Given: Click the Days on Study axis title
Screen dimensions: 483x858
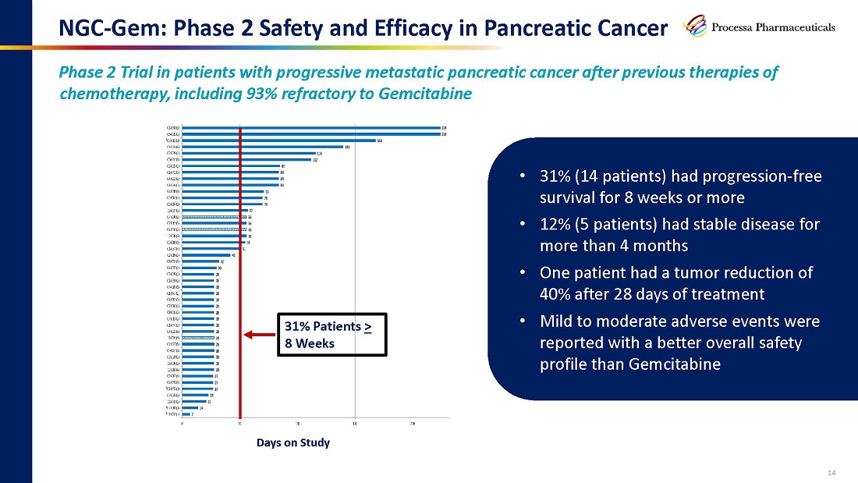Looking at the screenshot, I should coord(293,442).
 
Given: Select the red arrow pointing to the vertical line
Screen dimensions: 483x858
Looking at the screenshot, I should coord(260,336).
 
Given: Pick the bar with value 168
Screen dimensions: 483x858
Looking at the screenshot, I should coord(278,140).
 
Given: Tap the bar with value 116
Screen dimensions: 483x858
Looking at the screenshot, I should coord(249,154).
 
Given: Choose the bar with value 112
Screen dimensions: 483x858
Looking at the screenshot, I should coord(246,160).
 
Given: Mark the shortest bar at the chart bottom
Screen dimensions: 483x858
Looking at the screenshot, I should coord(186,414).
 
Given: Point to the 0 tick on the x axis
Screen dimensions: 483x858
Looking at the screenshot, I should coord(183,422).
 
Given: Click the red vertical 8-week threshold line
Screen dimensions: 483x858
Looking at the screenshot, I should coord(240,273).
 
